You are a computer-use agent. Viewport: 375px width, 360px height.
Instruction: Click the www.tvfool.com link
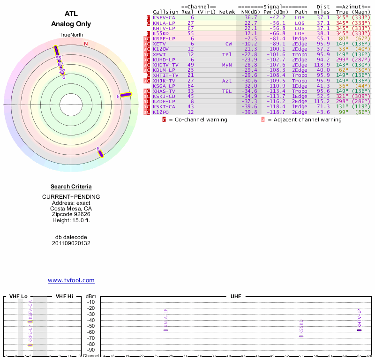tap(71, 280)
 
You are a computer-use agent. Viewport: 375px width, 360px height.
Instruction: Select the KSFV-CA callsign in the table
tap(164, 17)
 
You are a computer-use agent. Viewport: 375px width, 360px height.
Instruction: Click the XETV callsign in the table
tap(160, 44)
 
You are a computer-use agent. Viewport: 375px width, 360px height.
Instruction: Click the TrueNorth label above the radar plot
tap(71, 36)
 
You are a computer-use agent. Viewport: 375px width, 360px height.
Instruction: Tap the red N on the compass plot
tap(86, 44)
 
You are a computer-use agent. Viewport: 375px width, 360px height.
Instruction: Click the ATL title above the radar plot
tap(71, 14)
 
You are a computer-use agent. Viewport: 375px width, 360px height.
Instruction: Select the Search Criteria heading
tap(71, 187)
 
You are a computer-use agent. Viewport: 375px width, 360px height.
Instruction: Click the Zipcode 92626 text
tap(71, 214)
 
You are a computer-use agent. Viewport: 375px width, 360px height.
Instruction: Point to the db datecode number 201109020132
tap(71, 243)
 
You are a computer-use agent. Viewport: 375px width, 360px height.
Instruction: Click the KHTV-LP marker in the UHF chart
tap(359, 330)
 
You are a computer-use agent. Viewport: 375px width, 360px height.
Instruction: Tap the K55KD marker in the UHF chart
tap(301, 336)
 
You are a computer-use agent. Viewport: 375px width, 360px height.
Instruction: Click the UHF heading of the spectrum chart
tap(235, 296)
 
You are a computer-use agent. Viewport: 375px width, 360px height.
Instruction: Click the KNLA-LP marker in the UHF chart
tap(165, 330)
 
